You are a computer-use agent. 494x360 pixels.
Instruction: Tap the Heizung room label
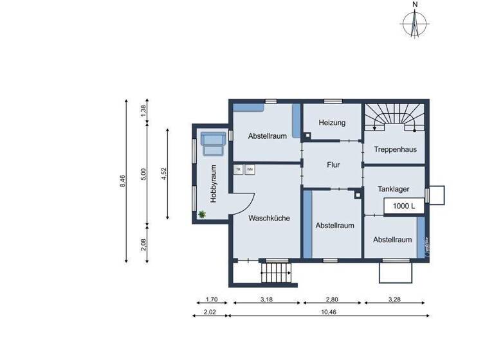pos(332,123)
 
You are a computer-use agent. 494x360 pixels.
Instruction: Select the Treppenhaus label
pos(395,149)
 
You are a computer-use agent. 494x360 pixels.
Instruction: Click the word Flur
pos(333,165)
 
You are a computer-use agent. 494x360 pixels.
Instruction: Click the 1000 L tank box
pos(404,206)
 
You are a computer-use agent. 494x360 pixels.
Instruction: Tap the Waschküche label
pos(269,218)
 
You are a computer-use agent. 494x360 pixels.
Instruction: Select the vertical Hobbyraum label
pos(214,183)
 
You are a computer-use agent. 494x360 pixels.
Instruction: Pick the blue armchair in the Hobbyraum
pos(212,143)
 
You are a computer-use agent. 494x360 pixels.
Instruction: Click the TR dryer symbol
pos(238,170)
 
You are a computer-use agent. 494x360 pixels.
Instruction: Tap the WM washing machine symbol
pos(249,170)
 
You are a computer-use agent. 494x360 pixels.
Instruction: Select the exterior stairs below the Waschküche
pos(277,273)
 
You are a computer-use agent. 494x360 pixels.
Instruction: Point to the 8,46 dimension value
pos(122,181)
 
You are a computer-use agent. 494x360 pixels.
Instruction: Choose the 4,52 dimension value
pos(164,174)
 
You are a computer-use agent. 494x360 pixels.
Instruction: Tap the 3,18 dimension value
pos(266,299)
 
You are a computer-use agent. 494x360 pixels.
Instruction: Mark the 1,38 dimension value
pos(143,111)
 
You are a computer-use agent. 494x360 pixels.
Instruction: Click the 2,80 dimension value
pos(332,299)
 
